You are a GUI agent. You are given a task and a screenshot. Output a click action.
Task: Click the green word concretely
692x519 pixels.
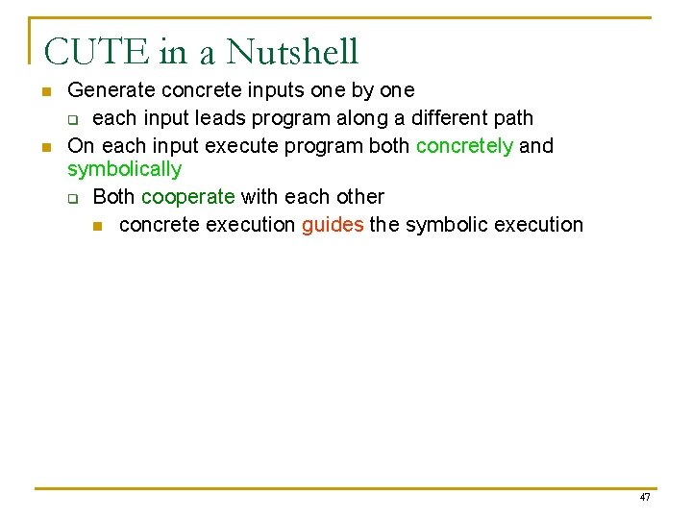(x=464, y=146)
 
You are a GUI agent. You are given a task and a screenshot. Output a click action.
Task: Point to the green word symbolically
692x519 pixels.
(x=124, y=170)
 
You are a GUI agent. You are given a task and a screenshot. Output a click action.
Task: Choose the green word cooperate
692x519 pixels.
(x=187, y=197)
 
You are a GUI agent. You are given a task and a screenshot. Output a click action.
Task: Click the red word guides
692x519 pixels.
(x=333, y=225)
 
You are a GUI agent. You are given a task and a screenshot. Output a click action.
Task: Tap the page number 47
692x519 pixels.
(x=644, y=497)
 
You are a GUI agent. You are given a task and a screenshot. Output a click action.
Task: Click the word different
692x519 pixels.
(x=447, y=118)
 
